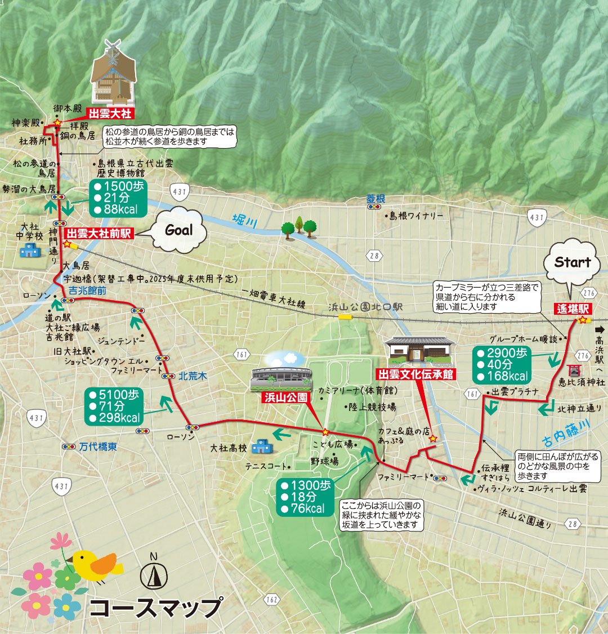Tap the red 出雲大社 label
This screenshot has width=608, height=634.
tap(110, 112)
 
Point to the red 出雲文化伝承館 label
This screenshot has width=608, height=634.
tap(416, 374)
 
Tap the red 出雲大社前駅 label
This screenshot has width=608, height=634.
tap(99, 234)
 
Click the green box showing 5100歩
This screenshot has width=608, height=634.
tap(113, 405)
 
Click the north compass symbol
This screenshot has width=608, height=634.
tap(153, 573)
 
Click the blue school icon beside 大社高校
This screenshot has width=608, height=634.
tap(260, 447)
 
